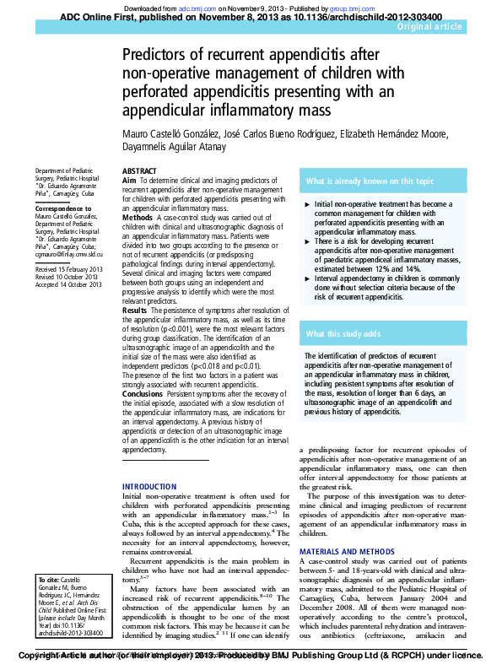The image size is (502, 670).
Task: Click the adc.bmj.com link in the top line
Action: tap(192, 7)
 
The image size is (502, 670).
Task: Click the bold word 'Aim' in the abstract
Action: tap(129, 181)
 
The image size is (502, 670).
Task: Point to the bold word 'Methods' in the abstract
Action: tap(138, 218)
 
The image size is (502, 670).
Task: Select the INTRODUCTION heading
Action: tap(150, 487)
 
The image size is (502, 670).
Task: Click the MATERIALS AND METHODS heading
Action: tap(347, 551)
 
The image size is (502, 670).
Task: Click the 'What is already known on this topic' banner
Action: tap(370, 181)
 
